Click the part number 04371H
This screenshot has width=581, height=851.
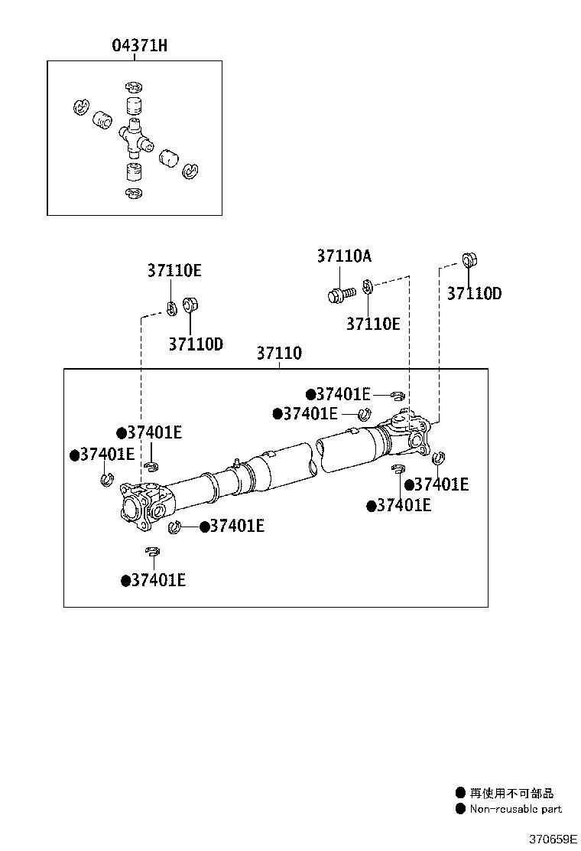[x=140, y=46]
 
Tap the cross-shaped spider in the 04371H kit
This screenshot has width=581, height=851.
[x=135, y=139]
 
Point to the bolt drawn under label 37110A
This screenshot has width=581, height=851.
[x=340, y=294]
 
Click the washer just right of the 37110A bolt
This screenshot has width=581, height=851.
[x=368, y=287]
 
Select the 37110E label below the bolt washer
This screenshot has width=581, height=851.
[x=373, y=324]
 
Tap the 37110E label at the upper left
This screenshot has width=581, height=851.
[x=174, y=270]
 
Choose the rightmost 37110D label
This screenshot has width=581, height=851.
[x=474, y=293]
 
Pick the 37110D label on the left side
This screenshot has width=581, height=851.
[x=196, y=344]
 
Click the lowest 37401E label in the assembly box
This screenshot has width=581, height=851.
[x=157, y=580]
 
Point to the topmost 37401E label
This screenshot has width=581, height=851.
[x=342, y=394]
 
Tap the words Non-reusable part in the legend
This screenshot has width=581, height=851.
[x=515, y=808]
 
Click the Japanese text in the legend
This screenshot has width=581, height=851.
[x=511, y=794]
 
